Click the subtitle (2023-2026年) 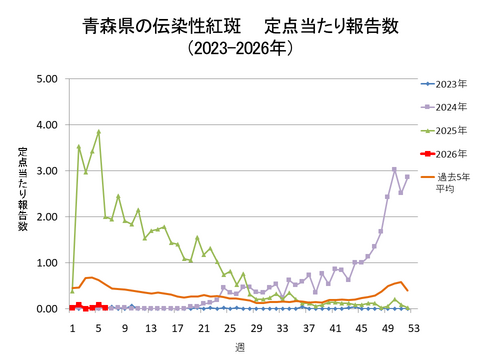[240, 48]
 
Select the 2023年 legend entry [447, 83]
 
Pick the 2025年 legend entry [447, 129]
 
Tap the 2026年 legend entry [447, 153]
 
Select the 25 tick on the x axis [230, 325]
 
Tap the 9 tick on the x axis [125, 325]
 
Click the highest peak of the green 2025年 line [98, 131]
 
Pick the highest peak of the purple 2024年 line [394, 169]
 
